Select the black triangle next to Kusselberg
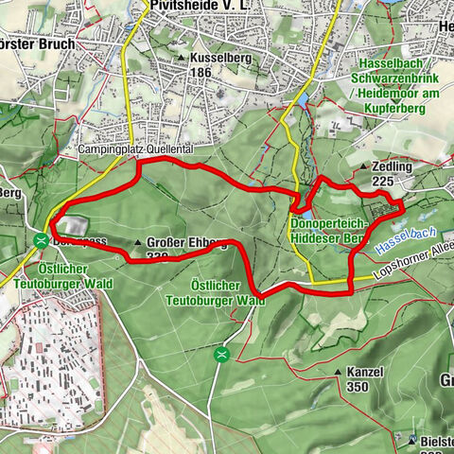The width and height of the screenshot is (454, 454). pos(182,58)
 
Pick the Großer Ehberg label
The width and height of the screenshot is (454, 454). pos(186,242)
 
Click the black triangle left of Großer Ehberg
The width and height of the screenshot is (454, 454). pos(139,242)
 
